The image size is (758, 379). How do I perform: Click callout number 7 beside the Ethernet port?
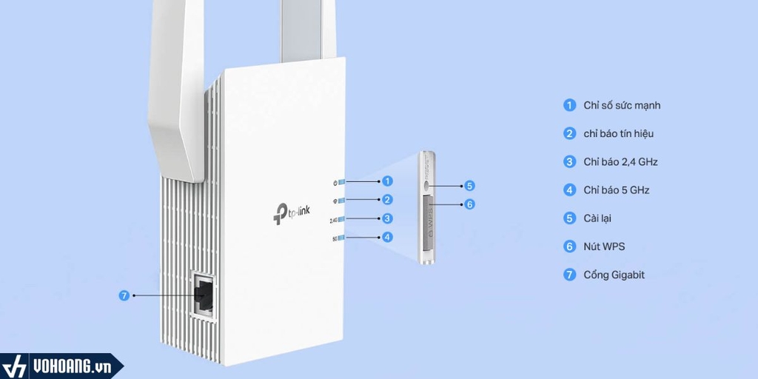tap(124, 295)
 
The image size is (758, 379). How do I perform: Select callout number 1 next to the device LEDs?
tap(388, 181)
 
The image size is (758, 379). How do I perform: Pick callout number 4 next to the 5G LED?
tap(388, 238)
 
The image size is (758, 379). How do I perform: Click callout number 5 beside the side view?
tap(469, 186)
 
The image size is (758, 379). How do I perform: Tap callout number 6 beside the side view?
tap(469, 204)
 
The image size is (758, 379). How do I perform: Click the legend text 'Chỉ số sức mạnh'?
tap(622, 105)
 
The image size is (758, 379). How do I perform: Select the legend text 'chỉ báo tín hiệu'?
tap(618, 133)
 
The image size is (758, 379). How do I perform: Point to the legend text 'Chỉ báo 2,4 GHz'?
tap(620, 161)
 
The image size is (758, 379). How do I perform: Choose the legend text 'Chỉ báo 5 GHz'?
tap(616, 190)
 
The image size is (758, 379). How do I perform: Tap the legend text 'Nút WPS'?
tap(603, 246)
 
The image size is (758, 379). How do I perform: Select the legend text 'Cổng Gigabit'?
tap(614, 275)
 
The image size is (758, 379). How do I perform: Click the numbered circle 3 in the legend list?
tap(569, 161)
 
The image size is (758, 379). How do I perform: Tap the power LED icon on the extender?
tap(336, 181)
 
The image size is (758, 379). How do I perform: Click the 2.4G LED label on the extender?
tap(334, 219)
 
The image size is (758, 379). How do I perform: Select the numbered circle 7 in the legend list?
tap(569, 275)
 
